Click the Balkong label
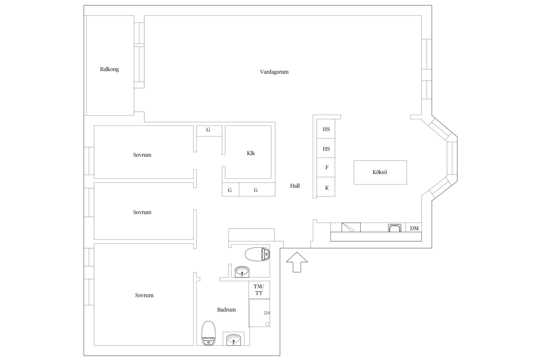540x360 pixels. (109, 69)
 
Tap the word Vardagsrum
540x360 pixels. (274, 72)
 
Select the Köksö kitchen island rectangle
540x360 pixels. (380, 172)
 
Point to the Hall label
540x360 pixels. (295, 186)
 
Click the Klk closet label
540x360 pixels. (251, 153)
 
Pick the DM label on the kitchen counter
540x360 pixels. (414, 228)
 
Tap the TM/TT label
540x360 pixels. (259, 290)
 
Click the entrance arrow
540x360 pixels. (297, 262)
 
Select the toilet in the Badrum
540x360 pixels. (209, 333)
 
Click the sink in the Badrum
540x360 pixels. (233, 340)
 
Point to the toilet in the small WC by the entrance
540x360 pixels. (257, 254)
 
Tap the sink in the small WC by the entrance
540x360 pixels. (242, 272)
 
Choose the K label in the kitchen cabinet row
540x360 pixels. (327, 188)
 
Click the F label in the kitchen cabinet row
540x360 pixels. (327, 167)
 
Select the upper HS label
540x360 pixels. (326, 129)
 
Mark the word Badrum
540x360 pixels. (226, 310)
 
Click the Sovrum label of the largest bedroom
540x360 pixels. (144, 295)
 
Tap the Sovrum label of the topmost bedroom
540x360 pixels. (142, 155)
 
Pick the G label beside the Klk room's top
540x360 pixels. (208, 130)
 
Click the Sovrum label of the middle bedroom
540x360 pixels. (142, 212)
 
